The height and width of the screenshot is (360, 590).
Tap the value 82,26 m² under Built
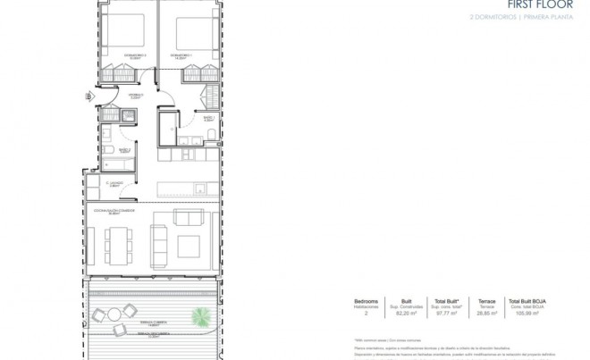tap(406, 314)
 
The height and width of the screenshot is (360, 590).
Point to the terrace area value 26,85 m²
tap(486, 314)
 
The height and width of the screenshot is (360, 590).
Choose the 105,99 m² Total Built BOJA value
tap(526, 314)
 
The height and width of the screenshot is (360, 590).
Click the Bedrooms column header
tap(367, 301)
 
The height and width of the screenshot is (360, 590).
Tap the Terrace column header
tap(486, 301)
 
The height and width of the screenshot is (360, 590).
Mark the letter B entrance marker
tap(88, 96)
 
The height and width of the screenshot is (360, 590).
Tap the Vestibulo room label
tap(135, 94)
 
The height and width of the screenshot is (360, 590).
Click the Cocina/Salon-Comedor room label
tap(108, 212)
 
